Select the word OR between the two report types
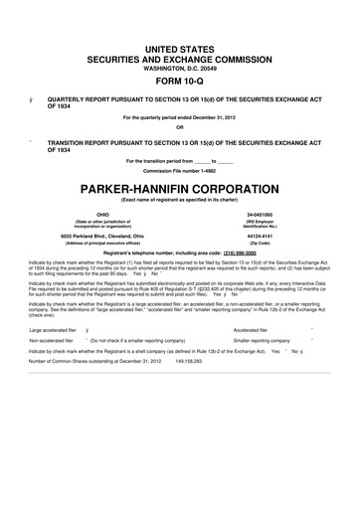180,126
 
